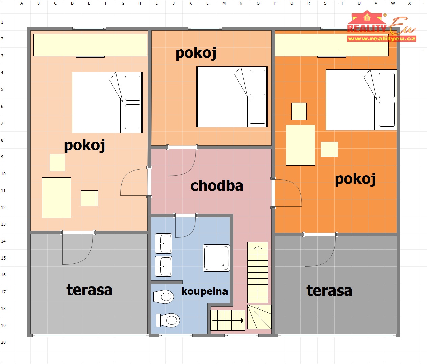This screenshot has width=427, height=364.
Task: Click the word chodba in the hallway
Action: [217, 186]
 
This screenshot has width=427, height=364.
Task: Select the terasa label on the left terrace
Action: [89, 290]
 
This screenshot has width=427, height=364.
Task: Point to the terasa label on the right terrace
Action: [329, 291]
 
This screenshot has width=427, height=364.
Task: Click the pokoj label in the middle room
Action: [196, 53]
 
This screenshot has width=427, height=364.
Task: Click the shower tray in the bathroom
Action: [216, 258]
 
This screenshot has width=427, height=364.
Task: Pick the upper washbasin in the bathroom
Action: [163, 243]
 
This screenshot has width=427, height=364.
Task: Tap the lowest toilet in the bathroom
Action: [168, 320]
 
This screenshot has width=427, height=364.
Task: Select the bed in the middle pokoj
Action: [232, 97]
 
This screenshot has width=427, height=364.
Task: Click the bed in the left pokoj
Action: [107, 102]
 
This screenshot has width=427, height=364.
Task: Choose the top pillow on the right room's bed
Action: [387, 86]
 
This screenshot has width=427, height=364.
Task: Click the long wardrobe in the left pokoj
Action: [90, 45]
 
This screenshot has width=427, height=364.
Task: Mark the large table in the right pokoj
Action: [300, 145]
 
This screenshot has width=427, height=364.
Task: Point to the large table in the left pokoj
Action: [56, 198]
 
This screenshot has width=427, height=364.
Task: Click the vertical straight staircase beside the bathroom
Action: [258, 272]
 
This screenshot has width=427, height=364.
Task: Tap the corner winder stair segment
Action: [260, 317]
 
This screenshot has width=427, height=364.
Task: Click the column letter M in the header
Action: [224, 3]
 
